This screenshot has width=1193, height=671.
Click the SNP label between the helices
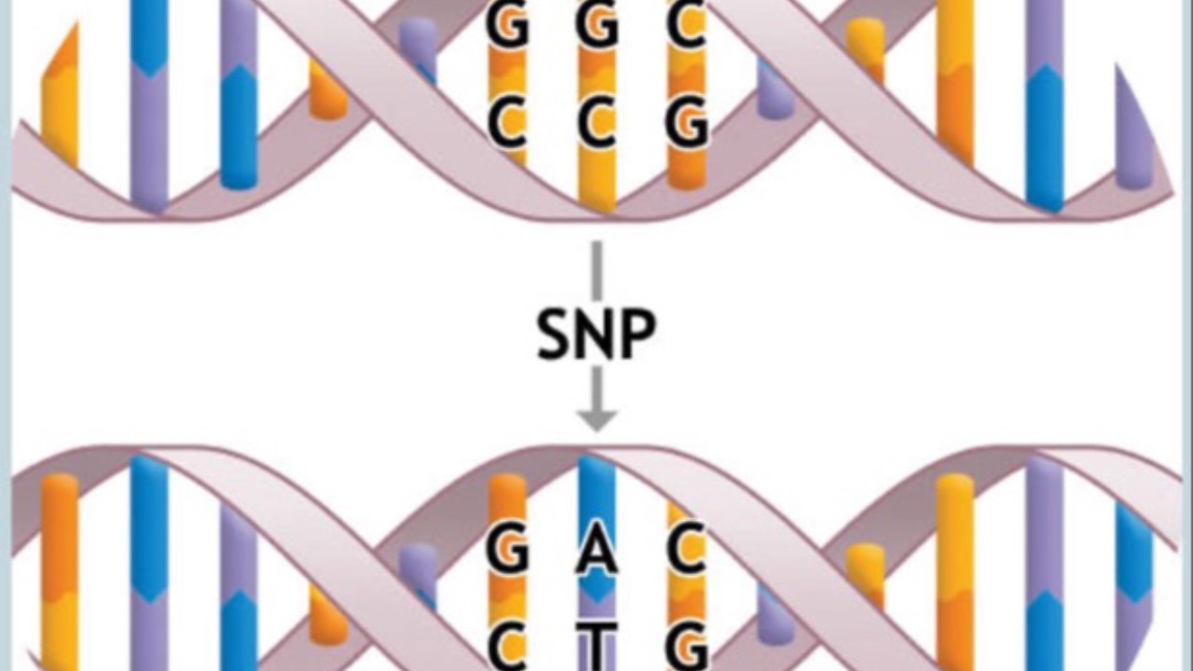596,333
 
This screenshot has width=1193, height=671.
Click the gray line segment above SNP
596,270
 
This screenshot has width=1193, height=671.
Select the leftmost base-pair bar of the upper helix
60,103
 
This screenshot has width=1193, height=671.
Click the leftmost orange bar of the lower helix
60,568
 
